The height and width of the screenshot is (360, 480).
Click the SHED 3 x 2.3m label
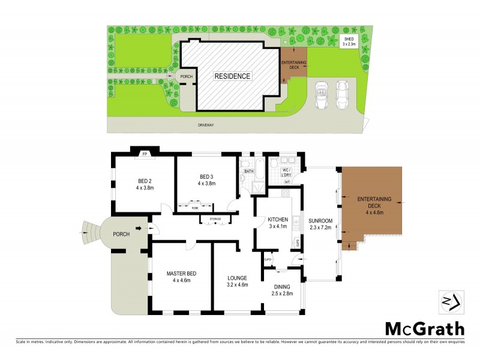coord(349,41)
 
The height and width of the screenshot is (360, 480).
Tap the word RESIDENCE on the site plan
coord(233,76)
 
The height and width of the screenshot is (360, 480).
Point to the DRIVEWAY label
coord(207,125)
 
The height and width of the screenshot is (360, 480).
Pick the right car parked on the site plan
coord(343,95)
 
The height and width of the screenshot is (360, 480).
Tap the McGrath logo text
coord(424,329)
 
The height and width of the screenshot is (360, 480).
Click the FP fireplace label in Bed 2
coord(145,154)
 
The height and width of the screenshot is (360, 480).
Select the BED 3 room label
coord(206,179)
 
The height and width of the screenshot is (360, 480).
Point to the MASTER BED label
coord(181,277)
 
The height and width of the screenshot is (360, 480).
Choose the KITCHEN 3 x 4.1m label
coord(278,223)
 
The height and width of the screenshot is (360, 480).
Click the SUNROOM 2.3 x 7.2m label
coord(320,223)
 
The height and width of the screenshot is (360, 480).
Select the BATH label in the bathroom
coord(248,171)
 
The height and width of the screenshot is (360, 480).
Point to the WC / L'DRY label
coord(287,173)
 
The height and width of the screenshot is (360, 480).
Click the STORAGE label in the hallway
coord(215,219)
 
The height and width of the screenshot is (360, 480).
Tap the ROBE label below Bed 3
coord(195,208)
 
